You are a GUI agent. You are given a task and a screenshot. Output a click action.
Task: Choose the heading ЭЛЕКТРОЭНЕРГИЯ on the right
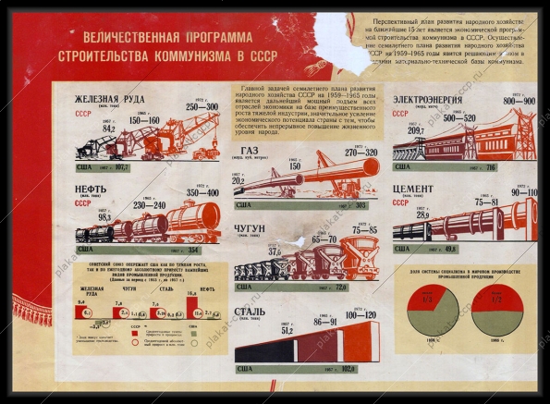tap(434, 100)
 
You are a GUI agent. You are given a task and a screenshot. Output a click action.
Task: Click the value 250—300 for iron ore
tap(202, 107)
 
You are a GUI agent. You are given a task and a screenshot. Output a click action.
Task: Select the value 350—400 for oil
tap(201, 193)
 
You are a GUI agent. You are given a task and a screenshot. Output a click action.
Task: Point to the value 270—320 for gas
tap(361, 153)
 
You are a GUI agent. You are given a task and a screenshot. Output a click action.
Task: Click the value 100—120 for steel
tap(361, 315)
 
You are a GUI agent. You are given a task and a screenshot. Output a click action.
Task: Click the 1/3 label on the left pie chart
tap(428, 300)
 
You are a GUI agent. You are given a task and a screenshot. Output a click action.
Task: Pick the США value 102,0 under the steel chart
tap(347, 369)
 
